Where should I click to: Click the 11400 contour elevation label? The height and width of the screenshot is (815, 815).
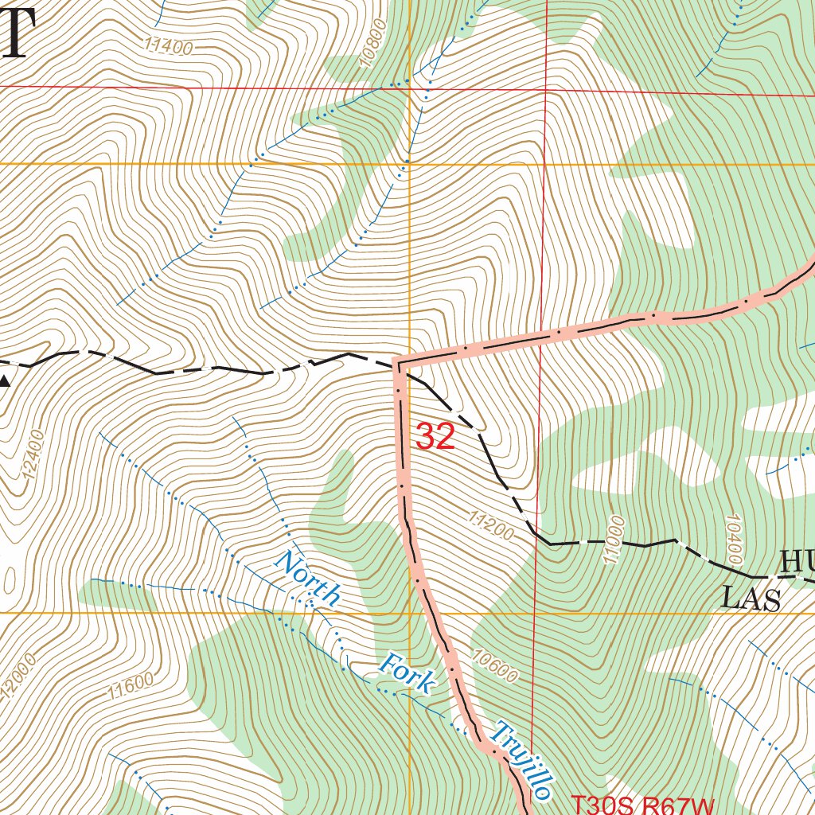(168, 47)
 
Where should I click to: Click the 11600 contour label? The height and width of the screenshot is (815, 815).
(128, 686)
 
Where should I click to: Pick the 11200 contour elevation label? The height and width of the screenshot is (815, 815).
(491, 526)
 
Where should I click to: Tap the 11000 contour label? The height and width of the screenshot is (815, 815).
(615, 540)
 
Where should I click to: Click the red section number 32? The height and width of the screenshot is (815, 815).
(435, 437)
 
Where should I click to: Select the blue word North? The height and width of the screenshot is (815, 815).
(307, 579)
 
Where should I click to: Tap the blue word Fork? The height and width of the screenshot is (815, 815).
(408, 673)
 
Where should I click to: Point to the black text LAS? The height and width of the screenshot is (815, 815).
(751, 598)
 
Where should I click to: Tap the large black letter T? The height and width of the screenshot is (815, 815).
(16, 36)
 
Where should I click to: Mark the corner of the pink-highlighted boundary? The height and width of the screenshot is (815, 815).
(398, 363)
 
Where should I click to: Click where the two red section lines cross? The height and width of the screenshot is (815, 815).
(547, 89)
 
